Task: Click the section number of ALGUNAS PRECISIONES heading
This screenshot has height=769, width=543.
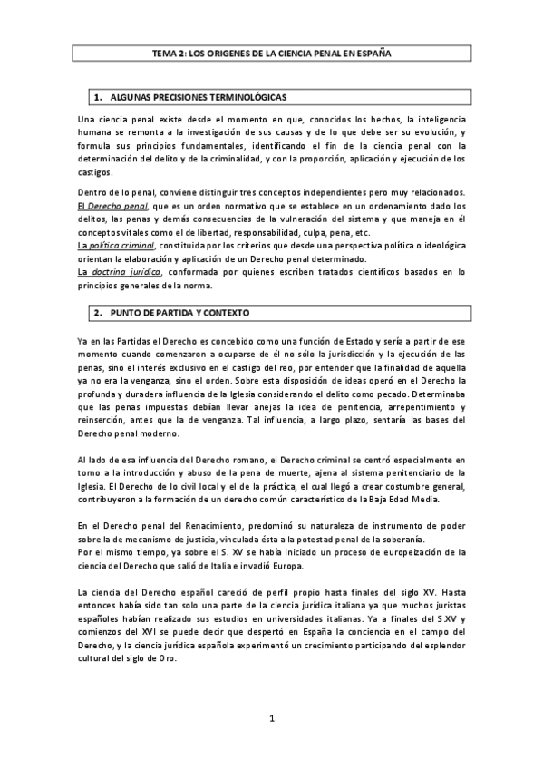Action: click(x=96, y=96)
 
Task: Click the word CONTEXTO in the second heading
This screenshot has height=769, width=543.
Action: click(x=226, y=312)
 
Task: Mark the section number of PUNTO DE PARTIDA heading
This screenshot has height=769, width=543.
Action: click(x=96, y=312)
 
